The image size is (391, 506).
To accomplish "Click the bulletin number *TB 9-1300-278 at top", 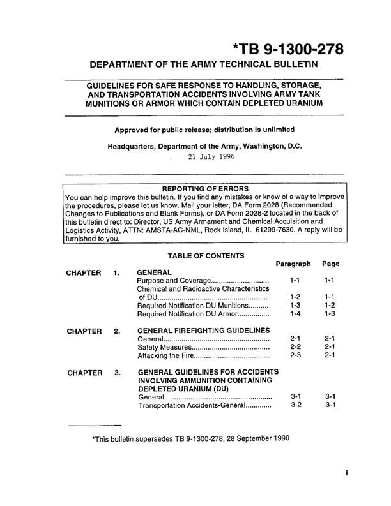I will [x=289, y=49].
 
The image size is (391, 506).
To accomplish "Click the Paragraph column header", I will [x=293, y=264].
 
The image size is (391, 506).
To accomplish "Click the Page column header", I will [x=330, y=264].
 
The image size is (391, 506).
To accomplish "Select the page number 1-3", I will [x=330, y=315].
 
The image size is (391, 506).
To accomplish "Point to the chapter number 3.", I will [x=117, y=372].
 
